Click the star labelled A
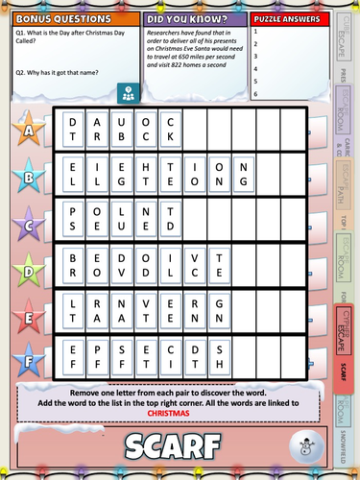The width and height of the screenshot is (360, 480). point(29,130)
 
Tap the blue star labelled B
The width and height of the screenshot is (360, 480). point(29,177)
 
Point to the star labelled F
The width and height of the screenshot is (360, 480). point(29,363)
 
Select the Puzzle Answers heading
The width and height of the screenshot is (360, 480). point(285,18)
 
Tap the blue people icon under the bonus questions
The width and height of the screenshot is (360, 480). point(127,93)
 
